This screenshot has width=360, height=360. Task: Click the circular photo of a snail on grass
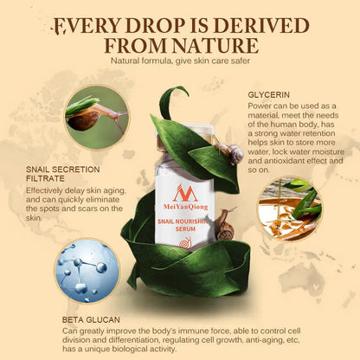pos(95,117)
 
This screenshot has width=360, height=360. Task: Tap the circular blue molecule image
pos(87,270)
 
